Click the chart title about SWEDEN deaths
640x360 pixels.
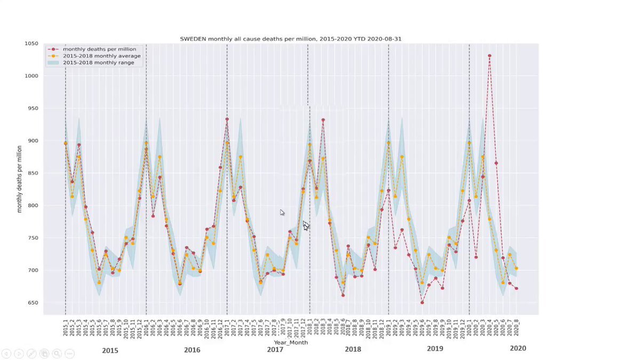coord(291,39)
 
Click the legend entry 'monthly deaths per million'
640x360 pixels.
coord(99,49)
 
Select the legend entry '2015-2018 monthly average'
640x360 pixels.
coord(101,56)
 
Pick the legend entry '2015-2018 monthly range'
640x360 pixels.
coord(98,62)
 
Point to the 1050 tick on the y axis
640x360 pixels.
coord(31,44)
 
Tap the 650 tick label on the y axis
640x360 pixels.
coord(33,303)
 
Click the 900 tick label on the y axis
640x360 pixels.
coord(33,141)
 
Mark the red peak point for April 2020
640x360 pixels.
coord(490,55)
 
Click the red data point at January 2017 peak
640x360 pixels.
coord(227,119)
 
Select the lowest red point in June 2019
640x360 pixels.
coord(422,302)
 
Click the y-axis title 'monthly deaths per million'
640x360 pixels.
coord(20,179)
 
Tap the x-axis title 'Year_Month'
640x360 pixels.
coord(291,342)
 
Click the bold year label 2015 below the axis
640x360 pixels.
coord(110,350)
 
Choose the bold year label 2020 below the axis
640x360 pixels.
coord(517,348)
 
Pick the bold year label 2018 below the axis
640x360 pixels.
coord(353,349)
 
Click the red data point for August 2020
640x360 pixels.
coord(516,289)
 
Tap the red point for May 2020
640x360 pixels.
coord(496,163)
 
